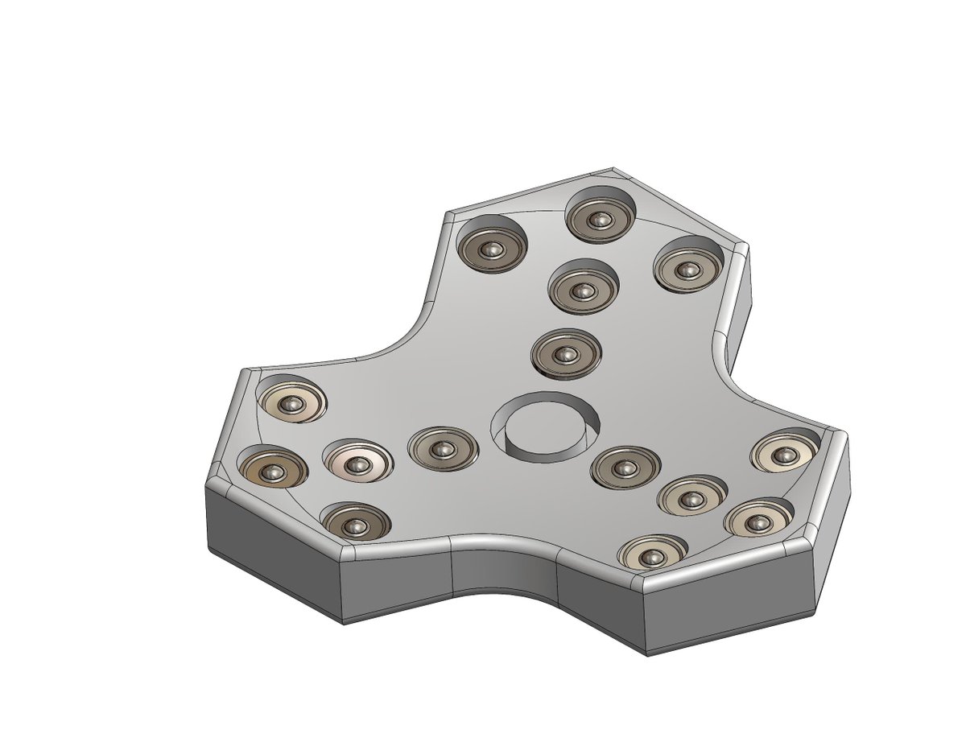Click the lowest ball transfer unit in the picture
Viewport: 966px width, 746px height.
tap(651, 555)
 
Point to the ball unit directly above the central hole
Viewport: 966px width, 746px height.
tap(567, 354)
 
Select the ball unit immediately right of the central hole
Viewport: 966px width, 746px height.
tap(625, 468)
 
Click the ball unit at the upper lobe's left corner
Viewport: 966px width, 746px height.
tap(491, 249)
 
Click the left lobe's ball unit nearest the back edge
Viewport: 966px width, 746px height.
tap(292, 402)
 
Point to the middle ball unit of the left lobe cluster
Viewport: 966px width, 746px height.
tap(357, 461)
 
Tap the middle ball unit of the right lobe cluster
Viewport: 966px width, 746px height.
tap(691, 497)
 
